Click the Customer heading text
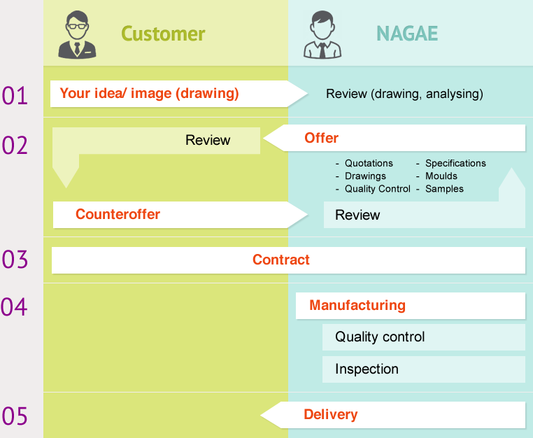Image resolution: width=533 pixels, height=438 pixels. click(163, 34)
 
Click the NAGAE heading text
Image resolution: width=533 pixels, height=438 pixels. click(407, 34)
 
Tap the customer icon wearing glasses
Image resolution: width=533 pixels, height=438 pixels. click(77, 34)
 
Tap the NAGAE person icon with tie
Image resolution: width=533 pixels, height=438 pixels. click(322, 34)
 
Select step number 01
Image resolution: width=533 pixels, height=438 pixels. click(14, 95)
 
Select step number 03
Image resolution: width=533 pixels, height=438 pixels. click(14, 260)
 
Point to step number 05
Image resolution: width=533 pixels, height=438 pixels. click(14, 416)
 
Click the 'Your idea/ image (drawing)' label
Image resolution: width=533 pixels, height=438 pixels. click(149, 94)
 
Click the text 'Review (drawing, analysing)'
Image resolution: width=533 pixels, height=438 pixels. click(404, 94)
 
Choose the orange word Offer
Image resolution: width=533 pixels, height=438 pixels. click(321, 138)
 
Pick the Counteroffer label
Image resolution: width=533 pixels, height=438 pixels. click(118, 214)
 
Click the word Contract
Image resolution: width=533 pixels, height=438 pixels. click(281, 260)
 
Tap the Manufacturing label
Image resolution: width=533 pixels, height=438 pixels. click(357, 305)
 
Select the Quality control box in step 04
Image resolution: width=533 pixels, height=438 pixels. click(424, 337)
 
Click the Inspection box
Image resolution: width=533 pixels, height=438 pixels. click(424, 369)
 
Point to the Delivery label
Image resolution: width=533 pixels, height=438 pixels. click(330, 414)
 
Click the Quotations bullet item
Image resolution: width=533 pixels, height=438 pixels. click(369, 163)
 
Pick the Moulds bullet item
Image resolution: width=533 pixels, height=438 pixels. click(441, 176)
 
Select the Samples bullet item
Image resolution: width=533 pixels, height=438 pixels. click(444, 189)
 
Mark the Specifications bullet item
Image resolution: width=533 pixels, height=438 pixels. click(455, 163)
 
